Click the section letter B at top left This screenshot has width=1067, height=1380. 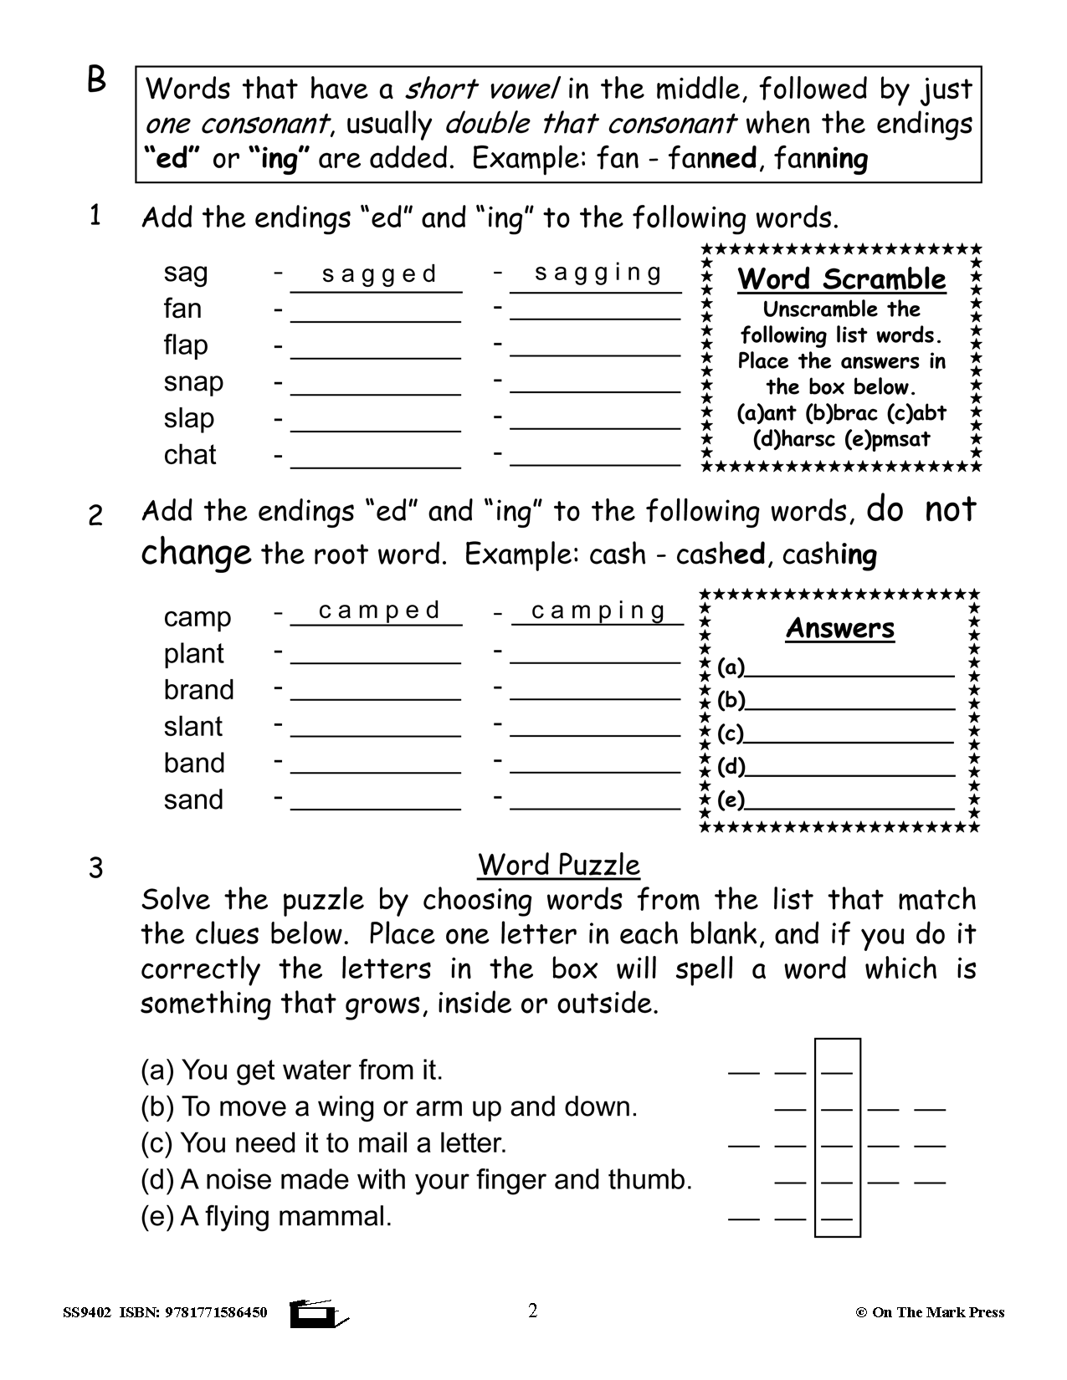pyautogui.click(x=97, y=81)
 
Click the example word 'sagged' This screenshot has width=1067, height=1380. pyautogui.click(x=379, y=274)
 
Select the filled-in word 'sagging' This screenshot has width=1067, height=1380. pyautogui.click(x=598, y=273)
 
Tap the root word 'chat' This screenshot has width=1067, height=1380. pyautogui.click(x=190, y=455)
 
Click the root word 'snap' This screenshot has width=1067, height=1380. pyautogui.click(x=193, y=381)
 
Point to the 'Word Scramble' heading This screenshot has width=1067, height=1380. pyautogui.click(x=841, y=279)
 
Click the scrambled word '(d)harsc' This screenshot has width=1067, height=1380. pyautogui.click(x=787, y=439)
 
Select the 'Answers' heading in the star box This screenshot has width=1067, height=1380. pyautogui.click(x=840, y=629)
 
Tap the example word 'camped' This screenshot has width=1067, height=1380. pyautogui.click(x=379, y=611)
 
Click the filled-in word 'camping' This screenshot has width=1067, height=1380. pyautogui.click(x=598, y=611)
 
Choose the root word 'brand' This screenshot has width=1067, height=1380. pyautogui.click(x=198, y=690)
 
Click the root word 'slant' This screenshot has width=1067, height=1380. pyautogui.click(x=193, y=727)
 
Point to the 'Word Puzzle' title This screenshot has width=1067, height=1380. pyautogui.click(x=559, y=865)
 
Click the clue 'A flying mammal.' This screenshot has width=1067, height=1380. pyautogui.click(x=266, y=1216)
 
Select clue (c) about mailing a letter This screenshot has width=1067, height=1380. pyautogui.click(x=323, y=1143)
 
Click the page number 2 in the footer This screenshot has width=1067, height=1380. pyautogui.click(x=533, y=1310)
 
